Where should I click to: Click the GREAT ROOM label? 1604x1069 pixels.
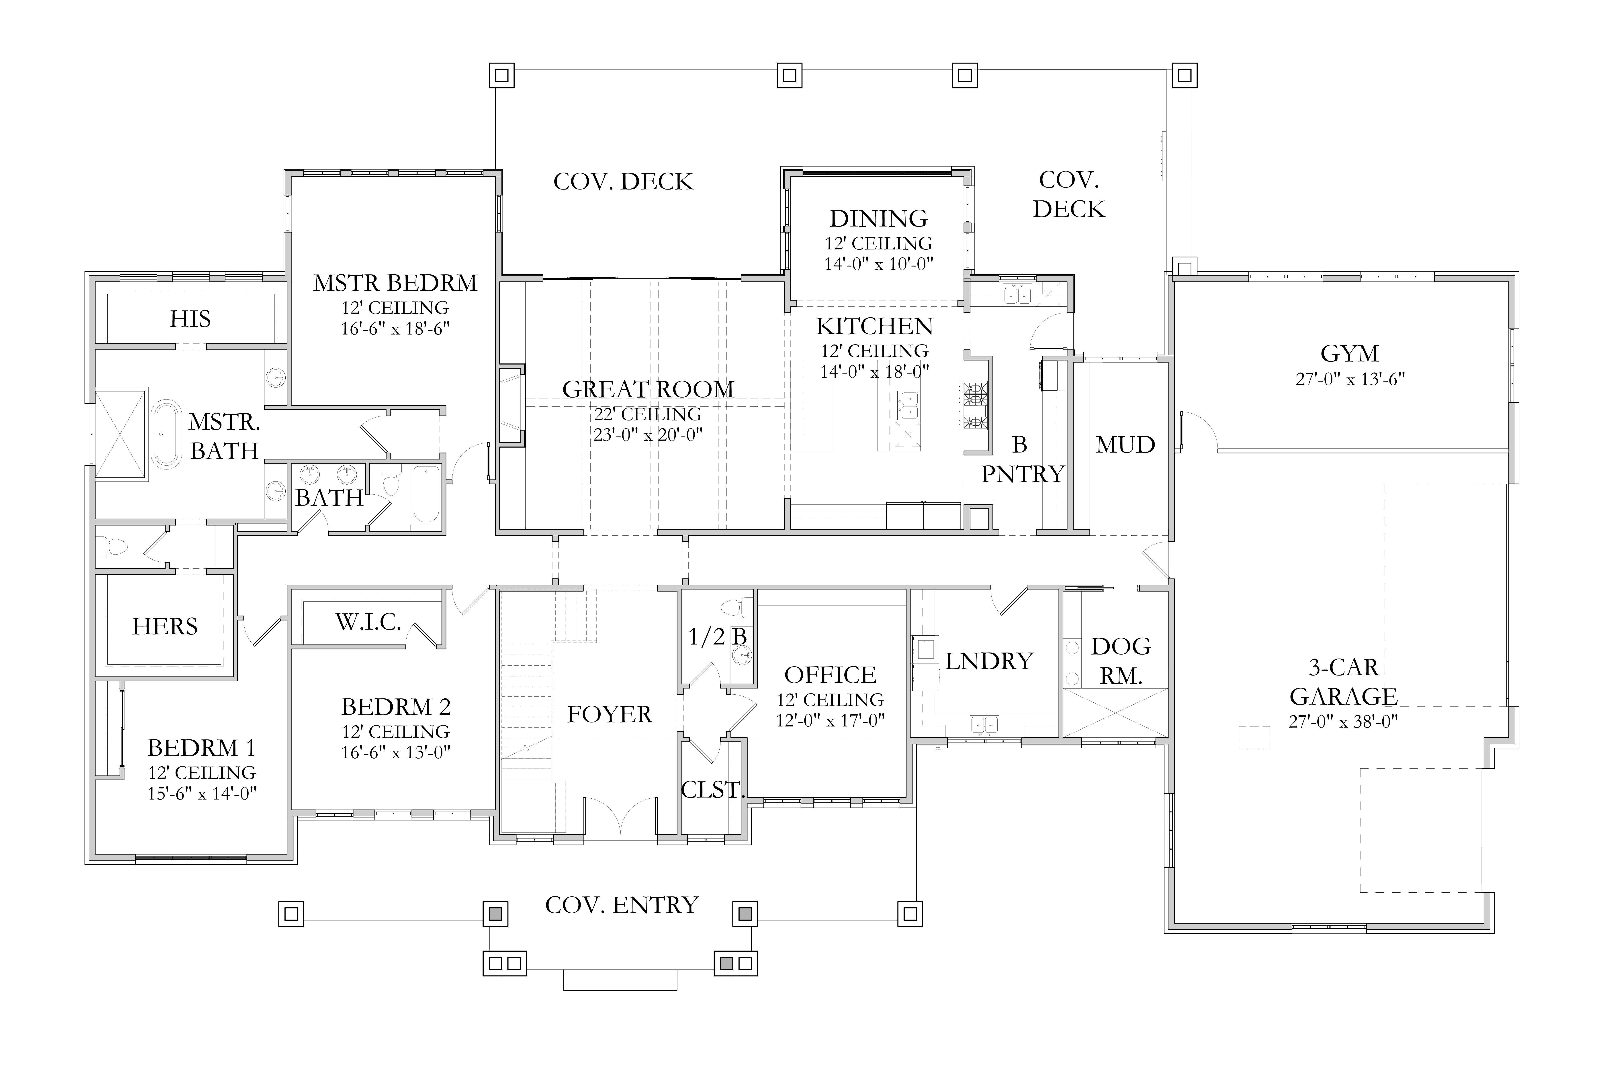(648, 389)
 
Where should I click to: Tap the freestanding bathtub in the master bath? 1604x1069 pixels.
(166, 435)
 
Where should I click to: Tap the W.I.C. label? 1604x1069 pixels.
(368, 622)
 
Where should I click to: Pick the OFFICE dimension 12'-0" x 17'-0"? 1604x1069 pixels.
(830, 721)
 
